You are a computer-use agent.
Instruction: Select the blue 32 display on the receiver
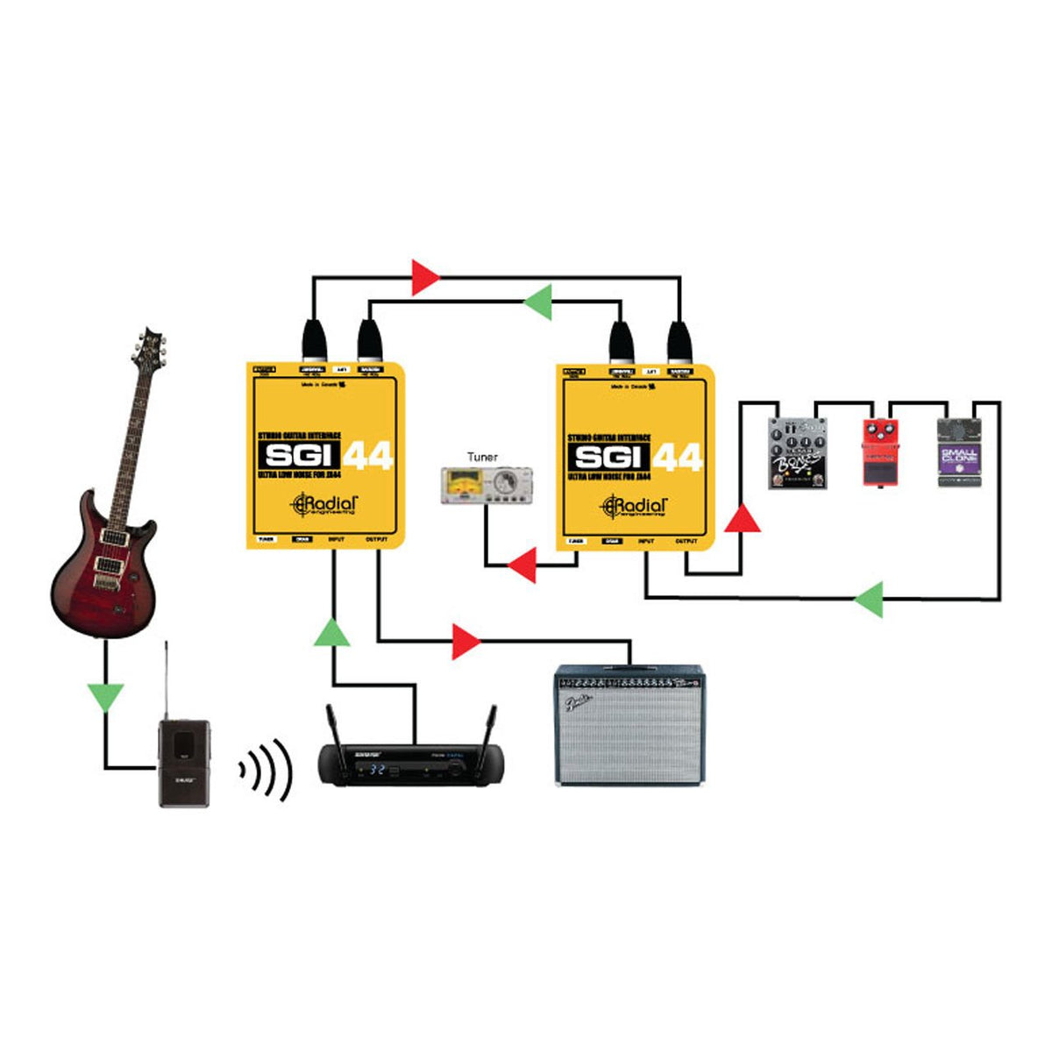(377, 770)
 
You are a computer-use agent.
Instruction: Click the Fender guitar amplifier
(630, 725)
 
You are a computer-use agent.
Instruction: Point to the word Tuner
(482, 457)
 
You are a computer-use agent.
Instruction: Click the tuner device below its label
(485, 486)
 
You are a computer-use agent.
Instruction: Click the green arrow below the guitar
(106, 697)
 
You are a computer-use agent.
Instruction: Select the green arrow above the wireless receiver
(332, 631)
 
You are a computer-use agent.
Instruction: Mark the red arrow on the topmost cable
(426, 277)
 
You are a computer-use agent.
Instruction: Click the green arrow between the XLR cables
(537, 302)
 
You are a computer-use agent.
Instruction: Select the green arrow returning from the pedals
(869, 600)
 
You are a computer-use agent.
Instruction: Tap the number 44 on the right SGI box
(677, 457)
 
